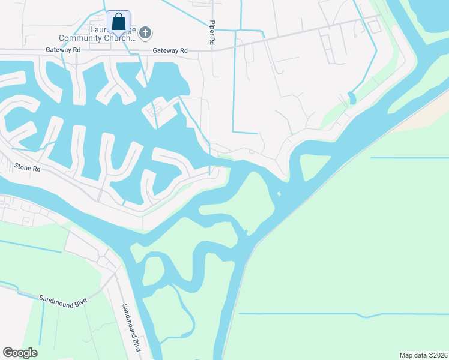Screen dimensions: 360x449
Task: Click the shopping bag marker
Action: [x=118, y=22]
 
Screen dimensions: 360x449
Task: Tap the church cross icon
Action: [x=145, y=32]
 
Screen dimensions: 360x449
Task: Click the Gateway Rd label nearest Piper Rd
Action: [x=170, y=51]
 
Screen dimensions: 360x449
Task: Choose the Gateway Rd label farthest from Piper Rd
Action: [x=62, y=50]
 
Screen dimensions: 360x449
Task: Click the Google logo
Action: [x=20, y=353]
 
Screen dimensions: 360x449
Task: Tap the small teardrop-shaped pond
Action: [x=352, y=98]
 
